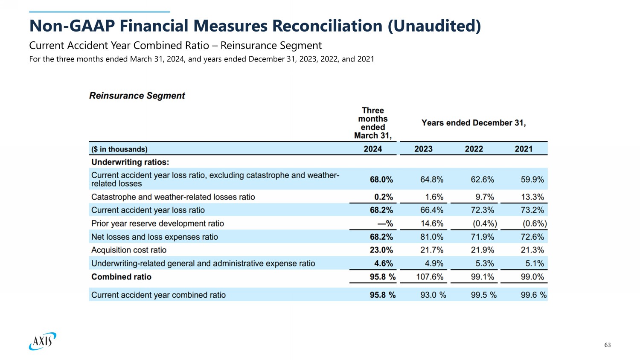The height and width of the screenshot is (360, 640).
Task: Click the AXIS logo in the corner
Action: (x=43, y=341)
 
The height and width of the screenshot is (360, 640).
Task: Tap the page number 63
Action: (x=608, y=345)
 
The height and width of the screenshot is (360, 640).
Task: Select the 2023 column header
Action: (x=423, y=149)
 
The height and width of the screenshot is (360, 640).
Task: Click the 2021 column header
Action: (x=524, y=149)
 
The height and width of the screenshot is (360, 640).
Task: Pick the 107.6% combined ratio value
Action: (x=429, y=277)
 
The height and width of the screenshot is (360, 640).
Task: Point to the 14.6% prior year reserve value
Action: (x=432, y=224)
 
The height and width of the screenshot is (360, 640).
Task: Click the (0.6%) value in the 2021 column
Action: (x=535, y=224)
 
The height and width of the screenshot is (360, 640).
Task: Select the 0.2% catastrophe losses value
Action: (x=384, y=197)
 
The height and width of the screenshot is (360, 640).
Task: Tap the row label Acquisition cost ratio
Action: (x=128, y=250)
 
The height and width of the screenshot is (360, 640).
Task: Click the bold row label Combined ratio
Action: (x=121, y=277)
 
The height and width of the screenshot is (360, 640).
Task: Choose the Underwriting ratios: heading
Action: (x=130, y=162)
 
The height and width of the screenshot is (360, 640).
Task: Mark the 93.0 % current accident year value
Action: (x=433, y=295)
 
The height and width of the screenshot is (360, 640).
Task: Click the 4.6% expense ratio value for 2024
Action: (x=384, y=264)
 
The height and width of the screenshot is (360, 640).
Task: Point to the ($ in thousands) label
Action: (x=119, y=149)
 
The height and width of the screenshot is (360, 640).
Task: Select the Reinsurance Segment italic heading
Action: (x=137, y=96)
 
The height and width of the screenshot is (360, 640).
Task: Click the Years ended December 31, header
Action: (x=474, y=123)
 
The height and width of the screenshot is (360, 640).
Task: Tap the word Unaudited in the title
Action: (x=434, y=26)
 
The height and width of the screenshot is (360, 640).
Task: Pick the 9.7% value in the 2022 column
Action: (x=485, y=197)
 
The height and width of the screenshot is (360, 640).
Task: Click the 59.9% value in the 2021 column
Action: (x=532, y=180)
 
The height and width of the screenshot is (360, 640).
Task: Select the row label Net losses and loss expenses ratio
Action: (x=154, y=237)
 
